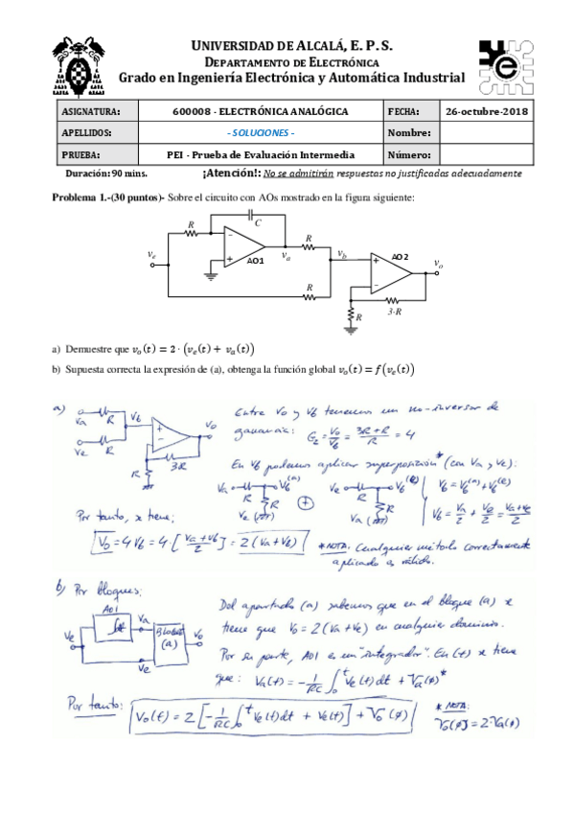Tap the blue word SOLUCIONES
click(x=260, y=133)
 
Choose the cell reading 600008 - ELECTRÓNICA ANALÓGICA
click(x=260, y=112)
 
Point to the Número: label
click(x=409, y=154)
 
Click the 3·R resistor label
click(x=394, y=313)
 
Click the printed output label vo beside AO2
click(x=438, y=264)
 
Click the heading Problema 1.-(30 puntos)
click(x=105, y=197)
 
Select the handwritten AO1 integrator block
click(x=108, y=627)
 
